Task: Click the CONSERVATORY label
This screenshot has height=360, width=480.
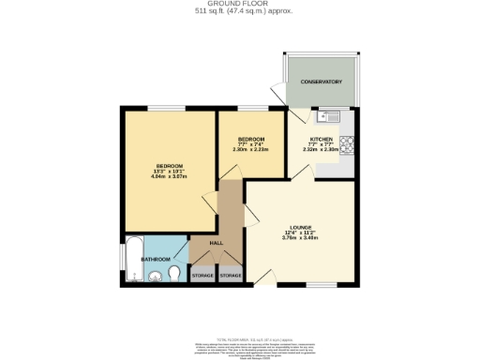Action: [x=321, y=82]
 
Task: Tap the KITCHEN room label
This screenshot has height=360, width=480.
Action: [x=322, y=138]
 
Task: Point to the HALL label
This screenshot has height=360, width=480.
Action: [x=216, y=243]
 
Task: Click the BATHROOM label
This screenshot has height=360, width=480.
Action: [x=156, y=258]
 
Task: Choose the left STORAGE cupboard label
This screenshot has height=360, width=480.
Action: [x=202, y=276]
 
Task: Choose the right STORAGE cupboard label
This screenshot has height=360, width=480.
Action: [x=231, y=276]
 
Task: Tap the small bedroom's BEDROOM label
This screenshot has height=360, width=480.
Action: [x=250, y=138]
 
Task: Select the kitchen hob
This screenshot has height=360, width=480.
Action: [x=346, y=144]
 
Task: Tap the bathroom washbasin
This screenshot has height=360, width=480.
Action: [x=157, y=276]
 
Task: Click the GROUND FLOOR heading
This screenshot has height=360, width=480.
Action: [x=239, y=4]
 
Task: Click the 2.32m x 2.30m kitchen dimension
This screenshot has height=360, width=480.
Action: [x=322, y=149]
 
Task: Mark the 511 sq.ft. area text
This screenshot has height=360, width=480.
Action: [x=239, y=11]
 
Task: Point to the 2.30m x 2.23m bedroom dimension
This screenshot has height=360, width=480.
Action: [x=250, y=149]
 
